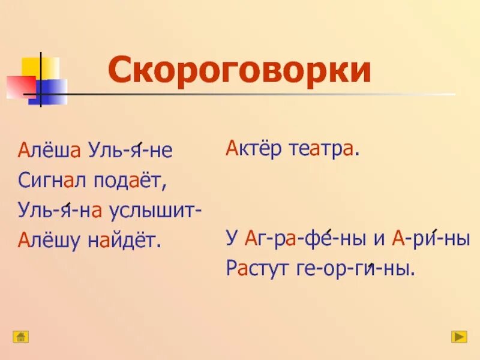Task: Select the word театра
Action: pos(326,150)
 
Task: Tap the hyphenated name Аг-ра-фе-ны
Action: pos(303,239)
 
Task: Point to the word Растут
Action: pos(257,268)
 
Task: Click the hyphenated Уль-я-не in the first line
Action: pos(130,151)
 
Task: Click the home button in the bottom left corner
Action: pos(21,337)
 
